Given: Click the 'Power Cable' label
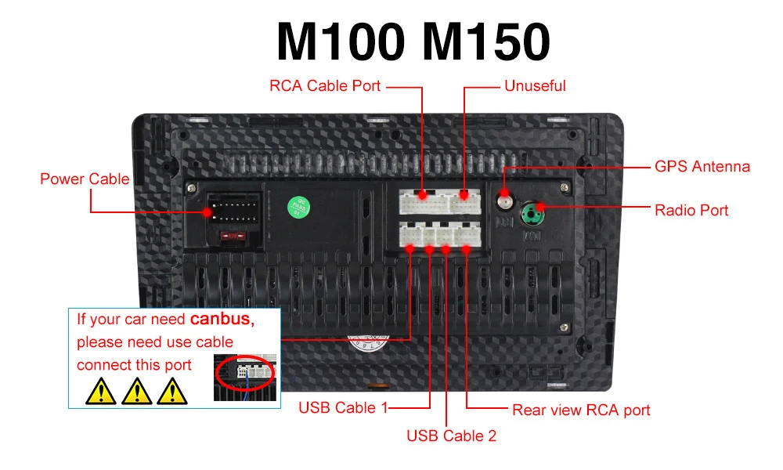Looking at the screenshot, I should [85, 179].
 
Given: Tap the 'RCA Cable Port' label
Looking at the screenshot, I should [325, 85].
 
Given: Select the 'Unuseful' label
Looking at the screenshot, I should [535, 85].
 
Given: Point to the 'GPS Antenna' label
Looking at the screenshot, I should [702, 167].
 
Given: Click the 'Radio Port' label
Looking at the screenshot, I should [691, 210].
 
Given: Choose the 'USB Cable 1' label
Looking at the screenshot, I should [343, 407].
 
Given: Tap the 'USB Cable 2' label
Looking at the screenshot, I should [451, 436].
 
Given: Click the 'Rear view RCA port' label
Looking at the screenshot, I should [581, 410].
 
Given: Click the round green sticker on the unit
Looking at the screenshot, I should [298, 207].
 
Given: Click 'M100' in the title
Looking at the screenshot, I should [341, 42].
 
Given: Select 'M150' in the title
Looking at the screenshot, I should [485, 42].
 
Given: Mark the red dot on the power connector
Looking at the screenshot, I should [209, 212].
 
